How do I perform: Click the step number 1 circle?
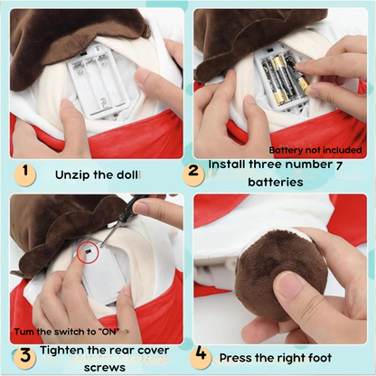(x=25, y=171)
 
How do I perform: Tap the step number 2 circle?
(x=192, y=171)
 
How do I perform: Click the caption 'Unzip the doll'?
(x=97, y=174)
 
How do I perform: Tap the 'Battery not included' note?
(x=315, y=149)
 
